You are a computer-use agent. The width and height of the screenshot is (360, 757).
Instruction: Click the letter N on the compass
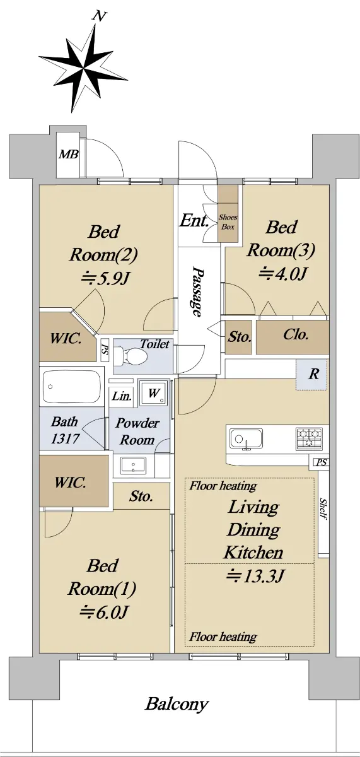coord(98,16)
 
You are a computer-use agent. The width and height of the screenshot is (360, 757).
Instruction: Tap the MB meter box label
coord(69,155)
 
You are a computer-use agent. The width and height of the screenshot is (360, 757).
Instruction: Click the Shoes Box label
coord(228,222)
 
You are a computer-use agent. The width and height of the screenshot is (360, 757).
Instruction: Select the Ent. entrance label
coord(194,221)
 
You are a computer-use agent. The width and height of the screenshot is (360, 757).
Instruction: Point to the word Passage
coord(197,291)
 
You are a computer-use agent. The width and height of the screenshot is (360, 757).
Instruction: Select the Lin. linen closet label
coord(122,396)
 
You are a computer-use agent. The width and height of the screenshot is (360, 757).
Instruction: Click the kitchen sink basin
coord(246,439)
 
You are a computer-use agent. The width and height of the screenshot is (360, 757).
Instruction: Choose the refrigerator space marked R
coord(314,374)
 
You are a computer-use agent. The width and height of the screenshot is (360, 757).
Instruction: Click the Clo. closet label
coord(296,334)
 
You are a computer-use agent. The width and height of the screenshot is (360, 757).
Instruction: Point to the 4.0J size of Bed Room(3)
coord(282,274)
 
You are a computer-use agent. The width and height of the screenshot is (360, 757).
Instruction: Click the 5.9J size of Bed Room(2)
coord(105,278)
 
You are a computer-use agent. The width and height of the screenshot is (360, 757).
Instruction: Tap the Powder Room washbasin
coord(134,466)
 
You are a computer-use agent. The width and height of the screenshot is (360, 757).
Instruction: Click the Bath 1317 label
coord(65,430)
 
